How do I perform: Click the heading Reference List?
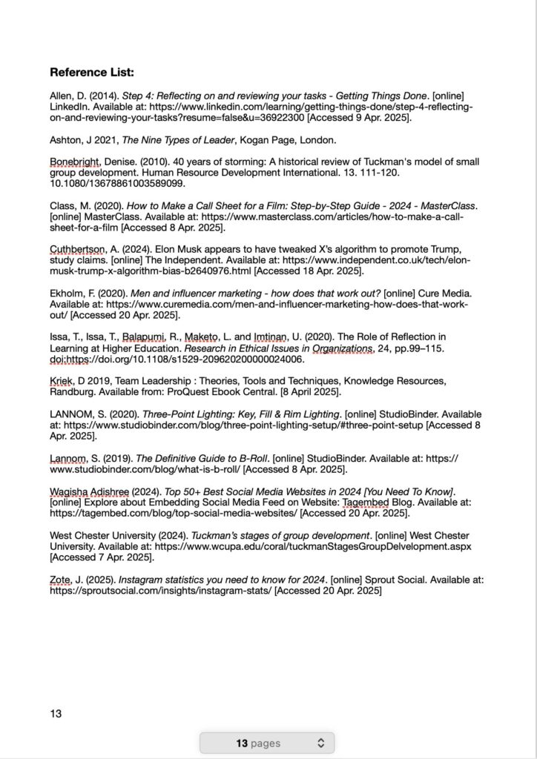(x=92, y=73)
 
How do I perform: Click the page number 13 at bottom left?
(x=56, y=714)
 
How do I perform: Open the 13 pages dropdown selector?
(x=266, y=743)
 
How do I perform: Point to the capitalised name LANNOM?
(x=70, y=414)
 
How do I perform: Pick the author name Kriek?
(x=62, y=381)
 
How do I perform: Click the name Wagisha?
(x=69, y=492)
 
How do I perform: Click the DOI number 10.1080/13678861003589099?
(x=117, y=183)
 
